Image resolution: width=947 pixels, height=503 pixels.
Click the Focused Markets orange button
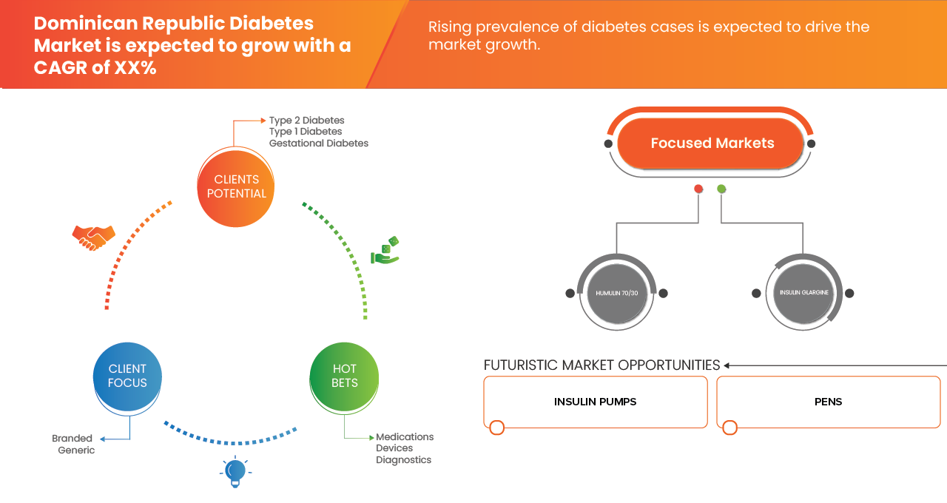[x=712, y=144]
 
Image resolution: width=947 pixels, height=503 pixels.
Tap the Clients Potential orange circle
[x=237, y=186]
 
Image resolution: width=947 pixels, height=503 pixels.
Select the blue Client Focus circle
[x=127, y=376]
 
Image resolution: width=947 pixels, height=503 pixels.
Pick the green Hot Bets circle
[x=345, y=376]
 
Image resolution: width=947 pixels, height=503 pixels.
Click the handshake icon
[x=93, y=237]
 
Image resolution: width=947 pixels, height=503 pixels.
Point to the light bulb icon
[x=235, y=471]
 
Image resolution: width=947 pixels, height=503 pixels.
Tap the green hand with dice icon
[x=385, y=251]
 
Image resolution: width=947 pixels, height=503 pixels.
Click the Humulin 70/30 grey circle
[x=616, y=293]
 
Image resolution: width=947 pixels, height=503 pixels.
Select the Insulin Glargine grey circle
[x=803, y=293]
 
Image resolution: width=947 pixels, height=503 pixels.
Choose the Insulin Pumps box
[x=595, y=402]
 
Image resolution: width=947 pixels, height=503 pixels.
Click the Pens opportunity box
[x=828, y=402]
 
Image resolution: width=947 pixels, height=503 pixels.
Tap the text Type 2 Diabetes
[x=306, y=121]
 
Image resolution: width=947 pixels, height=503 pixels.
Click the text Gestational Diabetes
[x=318, y=144]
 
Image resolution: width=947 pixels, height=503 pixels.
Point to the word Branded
[x=73, y=439]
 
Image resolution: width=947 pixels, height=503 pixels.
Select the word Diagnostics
[x=403, y=460]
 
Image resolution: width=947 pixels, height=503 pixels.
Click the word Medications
[x=405, y=437]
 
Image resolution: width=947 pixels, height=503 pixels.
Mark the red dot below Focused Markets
[x=698, y=189]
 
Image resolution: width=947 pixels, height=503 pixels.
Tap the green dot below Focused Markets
[x=721, y=189]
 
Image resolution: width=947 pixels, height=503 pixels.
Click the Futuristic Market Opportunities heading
[x=601, y=365]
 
